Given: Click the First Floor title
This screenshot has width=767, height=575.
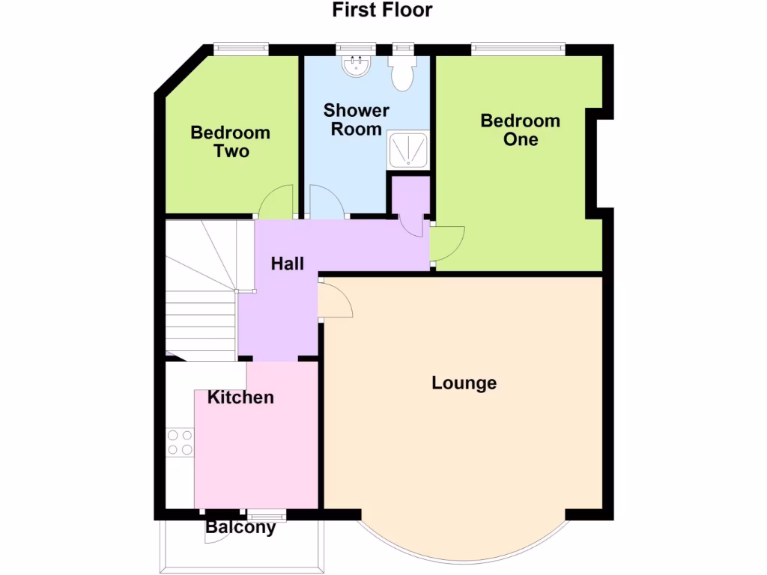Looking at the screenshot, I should (383, 10).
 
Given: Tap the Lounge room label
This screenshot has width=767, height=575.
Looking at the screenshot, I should (464, 383).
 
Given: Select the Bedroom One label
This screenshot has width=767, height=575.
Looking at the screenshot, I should (520, 130).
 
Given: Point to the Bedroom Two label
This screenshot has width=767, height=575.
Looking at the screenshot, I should (230, 142).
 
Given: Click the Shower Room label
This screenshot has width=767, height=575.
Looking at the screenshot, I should (356, 120).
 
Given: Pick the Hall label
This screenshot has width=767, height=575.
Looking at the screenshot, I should (287, 264).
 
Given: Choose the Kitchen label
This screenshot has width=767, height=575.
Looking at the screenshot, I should (240, 397).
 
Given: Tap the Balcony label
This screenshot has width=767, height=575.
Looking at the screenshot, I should (240, 527).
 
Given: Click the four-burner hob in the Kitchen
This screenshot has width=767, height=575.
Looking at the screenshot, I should (179, 442).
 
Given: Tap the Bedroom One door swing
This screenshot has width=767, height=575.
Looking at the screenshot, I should (448, 245).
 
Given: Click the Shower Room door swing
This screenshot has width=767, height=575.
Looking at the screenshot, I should (325, 203).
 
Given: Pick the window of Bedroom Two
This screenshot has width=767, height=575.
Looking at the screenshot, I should (240, 49).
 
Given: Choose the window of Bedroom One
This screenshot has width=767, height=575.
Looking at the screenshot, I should (518, 49).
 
